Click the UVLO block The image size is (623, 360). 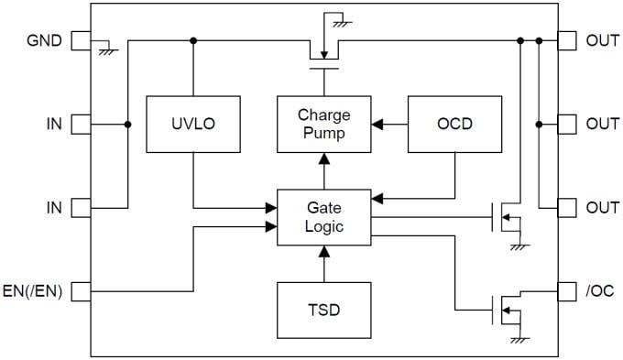[192, 123]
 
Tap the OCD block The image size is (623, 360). [454, 123]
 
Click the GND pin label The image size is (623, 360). [44, 40]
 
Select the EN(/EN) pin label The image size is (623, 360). [33, 292]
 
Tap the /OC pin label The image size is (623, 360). [599, 292]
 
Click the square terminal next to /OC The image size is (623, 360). [567, 292]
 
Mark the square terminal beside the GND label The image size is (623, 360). [81, 40]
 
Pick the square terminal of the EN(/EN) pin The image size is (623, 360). [81, 292]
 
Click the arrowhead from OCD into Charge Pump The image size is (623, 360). [377, 123]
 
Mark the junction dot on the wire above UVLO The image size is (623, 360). [192, 40]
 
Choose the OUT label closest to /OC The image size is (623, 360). [602, 207]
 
